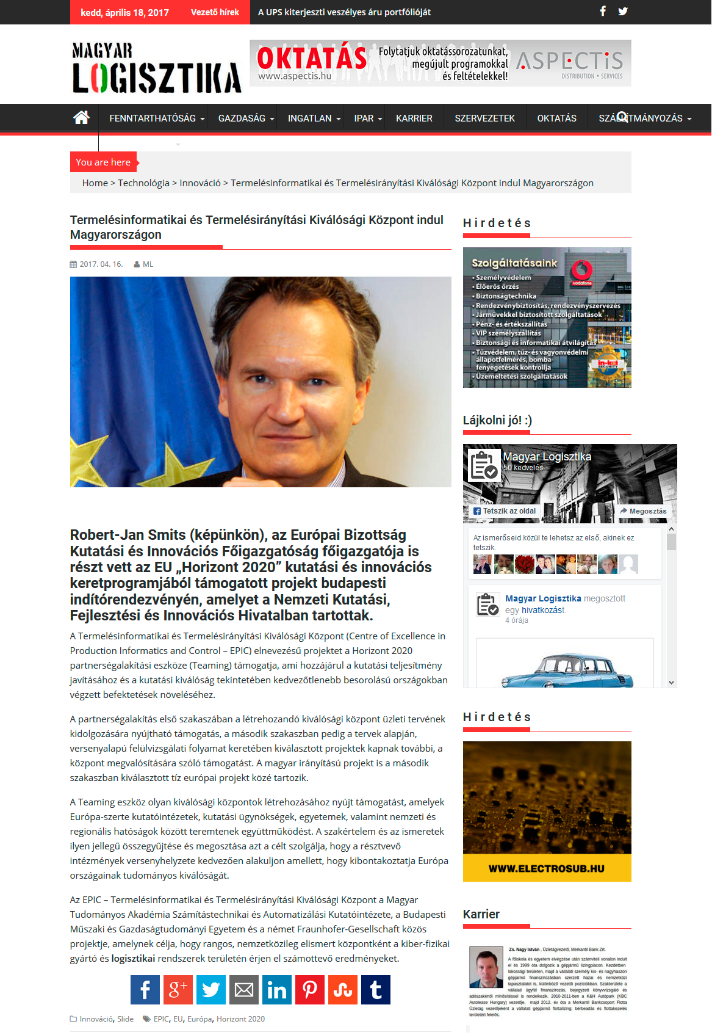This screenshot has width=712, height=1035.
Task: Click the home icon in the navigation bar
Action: (81, 118)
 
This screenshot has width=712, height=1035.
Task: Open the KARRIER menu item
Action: (414, 118)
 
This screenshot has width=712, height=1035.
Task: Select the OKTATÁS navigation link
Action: (556, 118)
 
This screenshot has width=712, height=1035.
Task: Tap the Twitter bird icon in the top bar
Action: (623, 11)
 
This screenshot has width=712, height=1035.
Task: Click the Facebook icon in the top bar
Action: (603, 11)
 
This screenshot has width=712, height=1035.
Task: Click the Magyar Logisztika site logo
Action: (156, 68)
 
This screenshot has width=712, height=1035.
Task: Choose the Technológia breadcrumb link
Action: (143, 183)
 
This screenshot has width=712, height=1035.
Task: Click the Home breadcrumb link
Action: (95, 183)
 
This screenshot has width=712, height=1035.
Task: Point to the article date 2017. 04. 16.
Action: (101, 264)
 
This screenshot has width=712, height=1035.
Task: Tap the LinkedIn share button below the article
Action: (277, 990)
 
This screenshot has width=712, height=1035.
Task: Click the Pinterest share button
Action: (310, 990)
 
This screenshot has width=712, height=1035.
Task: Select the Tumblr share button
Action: (376, 990)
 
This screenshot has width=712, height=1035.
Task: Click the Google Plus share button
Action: (178, 990)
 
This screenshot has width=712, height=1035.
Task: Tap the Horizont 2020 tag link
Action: (240, 1019)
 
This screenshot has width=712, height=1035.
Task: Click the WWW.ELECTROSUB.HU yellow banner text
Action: (547, 868)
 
